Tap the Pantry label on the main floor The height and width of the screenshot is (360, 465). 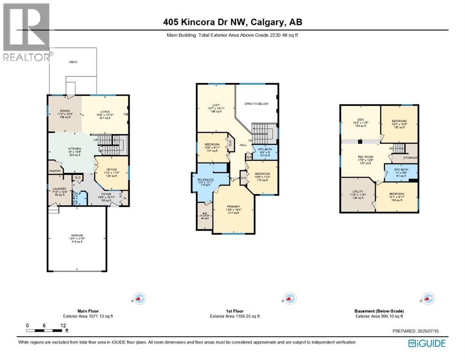[x=55, y=171]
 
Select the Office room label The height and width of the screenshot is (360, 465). [x=111, y=169]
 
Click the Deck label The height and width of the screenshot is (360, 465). [x=73, y=62]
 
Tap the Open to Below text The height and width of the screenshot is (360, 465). [x=256, y=104]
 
